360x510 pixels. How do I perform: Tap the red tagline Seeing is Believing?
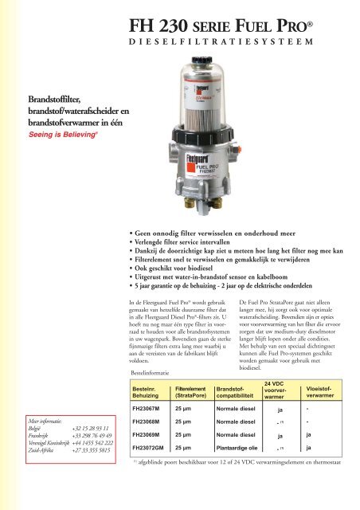click(x=41, y=134)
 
